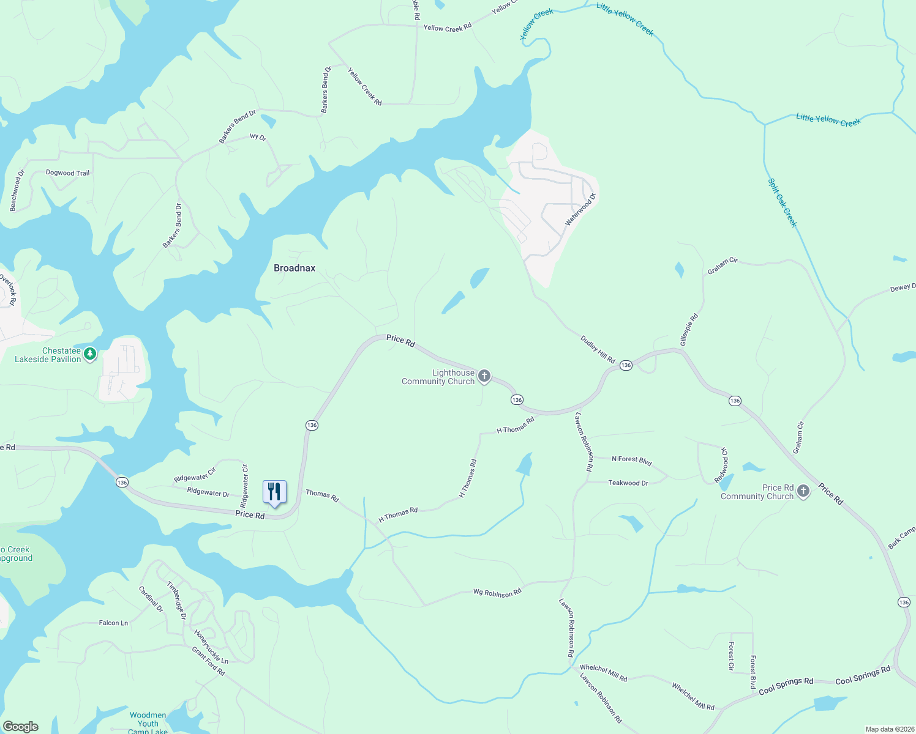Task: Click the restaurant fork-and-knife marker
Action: (x=274, y=492)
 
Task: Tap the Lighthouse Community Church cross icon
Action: (x=484, y=376)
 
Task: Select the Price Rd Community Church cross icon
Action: (x=804, y=491)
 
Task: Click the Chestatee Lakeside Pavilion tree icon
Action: (x=90, y=354)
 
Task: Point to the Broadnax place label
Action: (x=295, y=268)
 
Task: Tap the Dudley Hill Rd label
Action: (x=598, y=350)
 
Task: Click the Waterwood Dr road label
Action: (x=580, y=210)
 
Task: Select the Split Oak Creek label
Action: (x=783, y=202)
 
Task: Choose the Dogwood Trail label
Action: (x=67, y=173)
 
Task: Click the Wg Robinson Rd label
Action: (x=497, y=593)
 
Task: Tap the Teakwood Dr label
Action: (x=628, y=483)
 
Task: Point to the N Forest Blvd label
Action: (x=632, y=459)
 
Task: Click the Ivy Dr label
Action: (x=258, y=138)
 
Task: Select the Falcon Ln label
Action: (x=113, y=623)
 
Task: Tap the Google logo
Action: (x=21, y=727)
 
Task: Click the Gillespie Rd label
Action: (x=689, y=330)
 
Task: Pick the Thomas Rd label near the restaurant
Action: (x=322, y=495)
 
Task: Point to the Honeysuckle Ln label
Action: (x=211, y=647)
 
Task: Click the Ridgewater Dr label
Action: (x=208, y=492)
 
